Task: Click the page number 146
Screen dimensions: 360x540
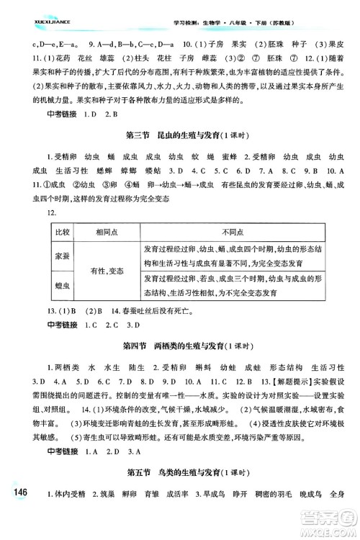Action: point(17,511)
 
